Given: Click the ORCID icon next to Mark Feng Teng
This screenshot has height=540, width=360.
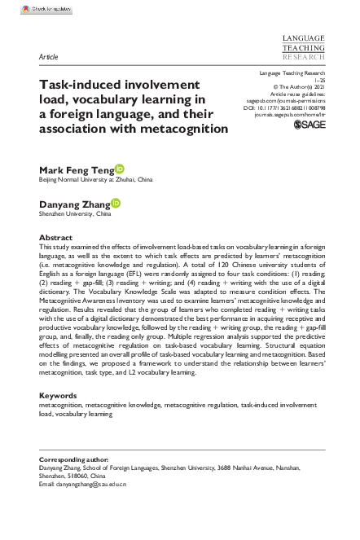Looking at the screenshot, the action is point(121,167).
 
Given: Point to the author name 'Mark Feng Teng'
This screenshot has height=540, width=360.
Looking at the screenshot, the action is point(77,169).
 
